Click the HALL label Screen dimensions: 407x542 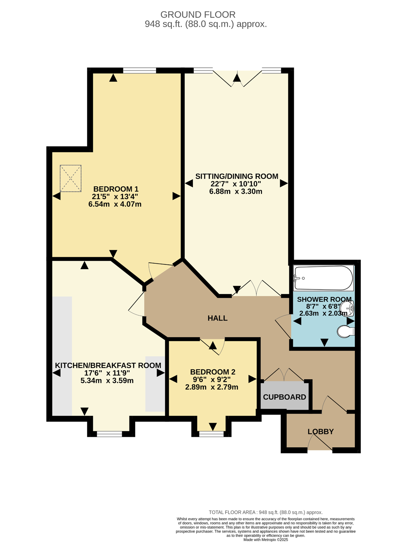(217, 318)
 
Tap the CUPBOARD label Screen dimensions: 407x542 (284, 397)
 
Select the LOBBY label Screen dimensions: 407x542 (321, 431)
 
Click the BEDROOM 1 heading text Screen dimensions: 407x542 (116, 189)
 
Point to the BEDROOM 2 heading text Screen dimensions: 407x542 (213, 371)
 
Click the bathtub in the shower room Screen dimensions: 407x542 (324, 278)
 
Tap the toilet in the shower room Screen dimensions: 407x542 (346, 331)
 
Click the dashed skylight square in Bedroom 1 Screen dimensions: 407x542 (70, 178)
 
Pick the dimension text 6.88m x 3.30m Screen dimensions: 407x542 (236, 192)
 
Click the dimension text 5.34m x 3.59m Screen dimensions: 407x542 (107, 380)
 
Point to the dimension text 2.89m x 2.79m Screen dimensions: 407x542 (212, 387)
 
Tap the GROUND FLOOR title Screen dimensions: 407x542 (198, 15)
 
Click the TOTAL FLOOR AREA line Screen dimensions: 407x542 (266, 512)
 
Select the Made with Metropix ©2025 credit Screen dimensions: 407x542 (266, 540)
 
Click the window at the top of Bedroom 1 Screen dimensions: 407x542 (140, 70)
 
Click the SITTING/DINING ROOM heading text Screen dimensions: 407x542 (237, 176)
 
